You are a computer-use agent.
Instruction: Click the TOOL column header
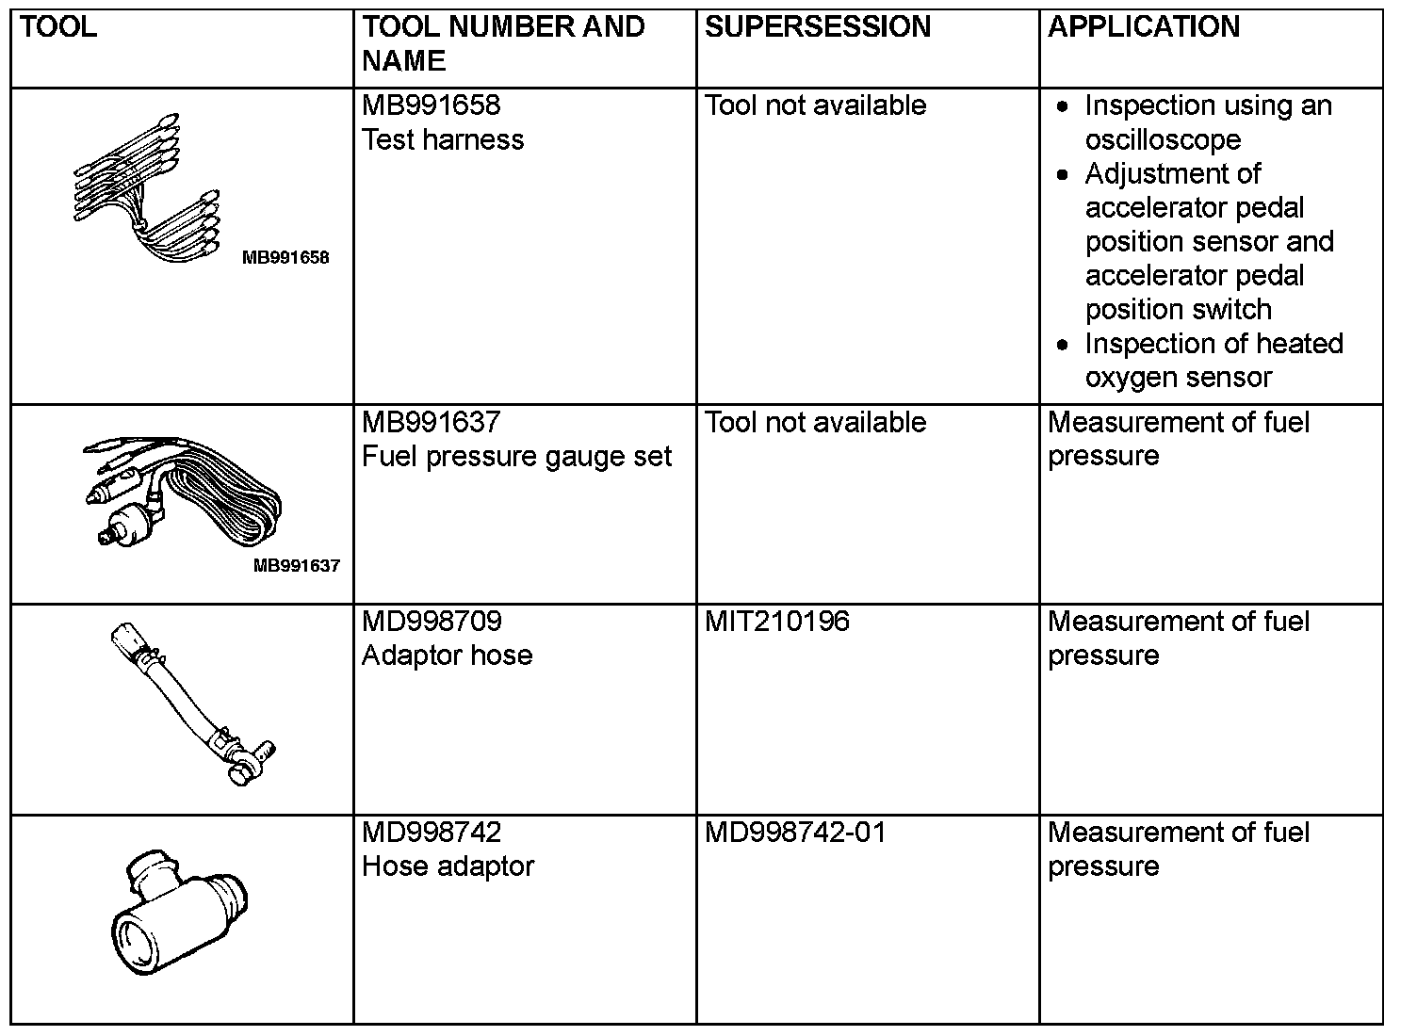[x=57, y=27]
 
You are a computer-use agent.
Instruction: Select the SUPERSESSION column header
[x=817, y=27]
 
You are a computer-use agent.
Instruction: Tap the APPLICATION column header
[x=1143, y=27]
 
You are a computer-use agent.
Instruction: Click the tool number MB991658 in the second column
[x=431, y=105]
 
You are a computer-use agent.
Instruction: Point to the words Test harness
[x=442, y=139]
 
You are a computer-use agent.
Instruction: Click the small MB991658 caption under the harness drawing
[x=285, y=258]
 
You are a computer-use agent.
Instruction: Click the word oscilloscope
[x=1163, y=139]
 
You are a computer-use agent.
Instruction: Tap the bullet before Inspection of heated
[x=1063, y=345]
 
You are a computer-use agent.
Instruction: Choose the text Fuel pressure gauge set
[x=516, y=456]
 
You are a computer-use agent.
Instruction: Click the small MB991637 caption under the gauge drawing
[x=296, y=566]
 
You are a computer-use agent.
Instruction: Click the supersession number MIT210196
[x=776, y=622]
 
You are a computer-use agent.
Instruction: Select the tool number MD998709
[x=432, y=622]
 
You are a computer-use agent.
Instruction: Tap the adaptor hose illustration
[x=193, y=702]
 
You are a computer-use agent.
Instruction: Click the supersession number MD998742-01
[x=795, y=833]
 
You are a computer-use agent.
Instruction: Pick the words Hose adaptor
[x=448, y=866]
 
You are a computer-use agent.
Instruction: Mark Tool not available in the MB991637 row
[x=815, y=422]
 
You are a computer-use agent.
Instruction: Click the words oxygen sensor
[x=1178, y=378]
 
